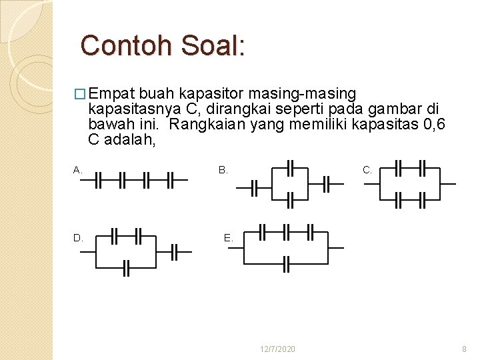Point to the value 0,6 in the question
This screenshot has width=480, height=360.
click(431, 124)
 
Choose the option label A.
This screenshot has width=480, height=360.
click(77, 170)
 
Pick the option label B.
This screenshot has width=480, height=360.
click(223, 170)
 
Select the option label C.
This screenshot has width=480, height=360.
click(367, 170)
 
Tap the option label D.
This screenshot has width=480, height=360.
click(78, 237)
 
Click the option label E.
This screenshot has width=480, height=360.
click(228, 237)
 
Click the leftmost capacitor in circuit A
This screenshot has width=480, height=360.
click(98, 180)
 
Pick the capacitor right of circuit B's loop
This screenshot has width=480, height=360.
click(327, 184)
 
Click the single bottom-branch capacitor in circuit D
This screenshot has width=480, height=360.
click(125, 268)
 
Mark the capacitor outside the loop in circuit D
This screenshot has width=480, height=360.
click(175, 252)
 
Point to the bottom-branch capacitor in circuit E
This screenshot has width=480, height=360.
click(287, 264)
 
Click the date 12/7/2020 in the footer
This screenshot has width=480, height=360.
click(278, 349)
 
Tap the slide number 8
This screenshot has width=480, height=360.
click(465, 349)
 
